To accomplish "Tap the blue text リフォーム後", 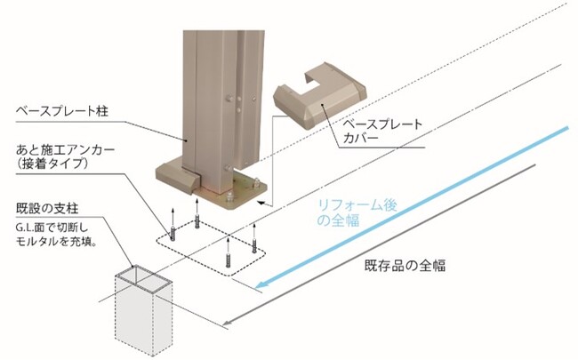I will click(356, 206).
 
